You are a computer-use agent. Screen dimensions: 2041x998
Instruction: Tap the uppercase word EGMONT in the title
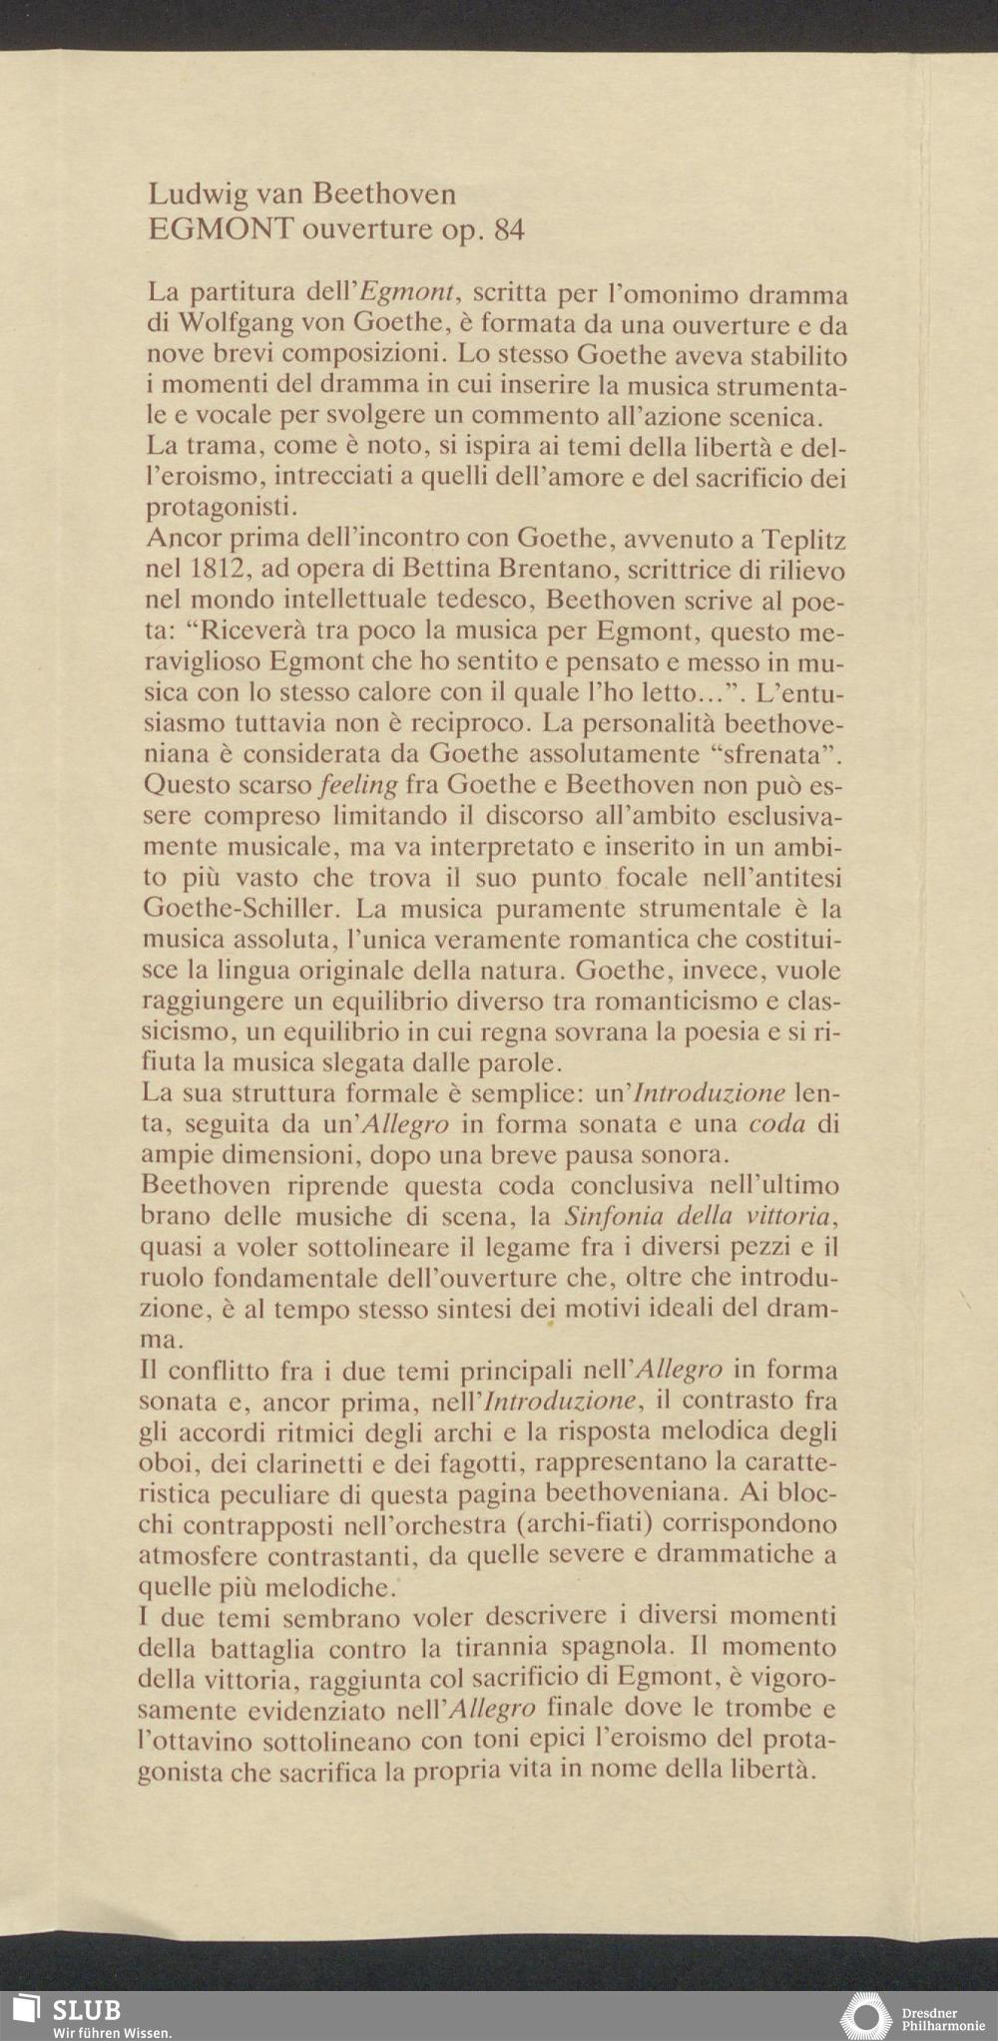[220, 230]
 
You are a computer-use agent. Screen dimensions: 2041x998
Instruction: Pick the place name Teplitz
[804, 541]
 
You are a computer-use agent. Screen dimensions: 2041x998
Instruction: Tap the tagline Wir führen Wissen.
[113, 2032]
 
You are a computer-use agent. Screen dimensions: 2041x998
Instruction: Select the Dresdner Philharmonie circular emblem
[865, 2016]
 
